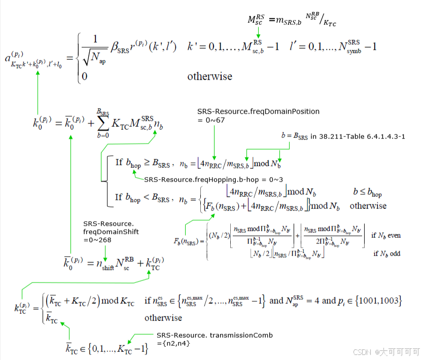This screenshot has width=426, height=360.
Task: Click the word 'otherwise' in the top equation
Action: (209, 77)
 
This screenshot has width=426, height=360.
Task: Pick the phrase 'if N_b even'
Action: (386, 236)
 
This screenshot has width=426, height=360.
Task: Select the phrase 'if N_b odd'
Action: (386, 253)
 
